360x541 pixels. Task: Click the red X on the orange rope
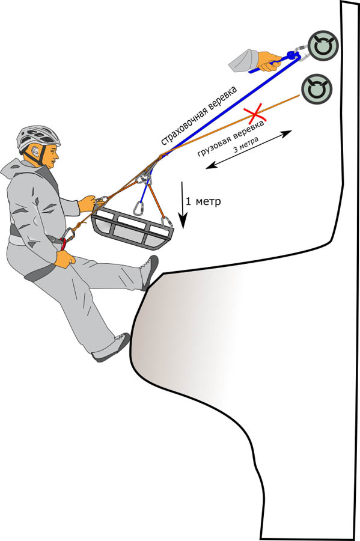254,113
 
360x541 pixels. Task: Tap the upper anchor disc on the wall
323,46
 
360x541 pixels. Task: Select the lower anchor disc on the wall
316,89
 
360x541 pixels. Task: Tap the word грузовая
213,145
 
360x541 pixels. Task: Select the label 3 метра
246,145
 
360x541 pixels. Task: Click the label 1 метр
203,201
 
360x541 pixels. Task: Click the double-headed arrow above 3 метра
249,150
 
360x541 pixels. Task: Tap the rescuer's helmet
38,139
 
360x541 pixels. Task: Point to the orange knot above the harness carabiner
79,226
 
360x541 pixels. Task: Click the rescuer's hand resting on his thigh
64,258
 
